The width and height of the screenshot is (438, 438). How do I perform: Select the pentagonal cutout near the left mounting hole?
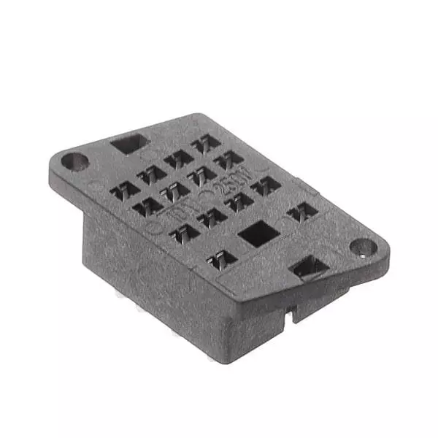[128, 143]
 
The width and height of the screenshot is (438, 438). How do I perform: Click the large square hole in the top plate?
[258, 234]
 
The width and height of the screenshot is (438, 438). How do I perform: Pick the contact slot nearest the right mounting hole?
[301, 212]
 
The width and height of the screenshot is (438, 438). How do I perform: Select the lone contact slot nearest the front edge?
[223, 258]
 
